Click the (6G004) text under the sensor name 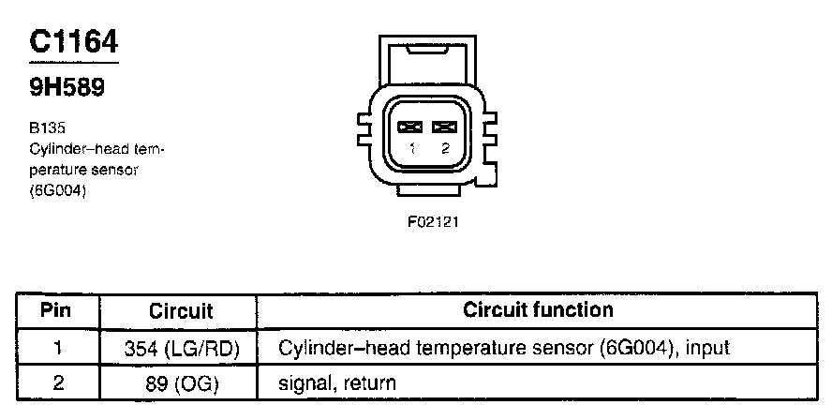58,191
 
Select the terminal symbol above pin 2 445,127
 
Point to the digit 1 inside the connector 412,148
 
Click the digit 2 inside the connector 445,148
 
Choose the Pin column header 57,310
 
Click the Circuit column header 181,311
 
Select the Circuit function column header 538,310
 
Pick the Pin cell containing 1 57,348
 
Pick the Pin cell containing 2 57,382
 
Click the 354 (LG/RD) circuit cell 182,349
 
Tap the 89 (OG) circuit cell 182,383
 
